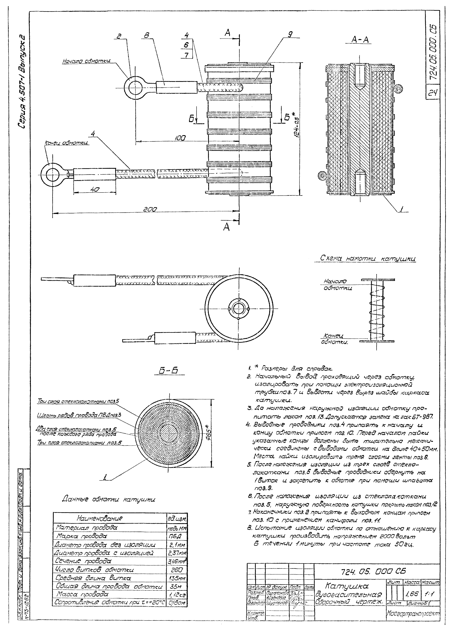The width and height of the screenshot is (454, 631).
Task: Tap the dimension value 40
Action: (95, 189)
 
